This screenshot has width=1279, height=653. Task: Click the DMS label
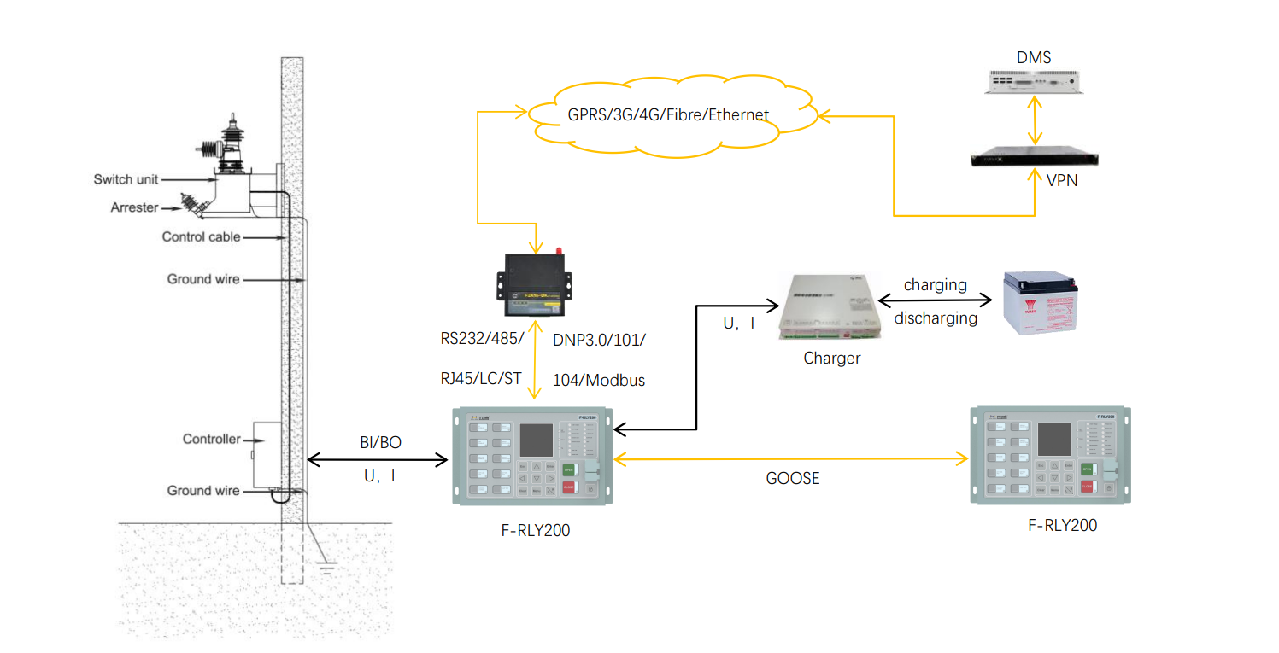coord(1034,58)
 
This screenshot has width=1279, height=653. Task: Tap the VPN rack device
coord(1035,159)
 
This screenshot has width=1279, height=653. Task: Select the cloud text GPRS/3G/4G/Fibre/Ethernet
coord(656,114)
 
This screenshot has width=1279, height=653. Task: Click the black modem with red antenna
coord(533,285)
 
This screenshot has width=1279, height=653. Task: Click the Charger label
coord(831,359)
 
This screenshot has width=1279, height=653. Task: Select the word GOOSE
coord(792,479)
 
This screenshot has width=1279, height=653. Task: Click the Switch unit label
coord(125,179)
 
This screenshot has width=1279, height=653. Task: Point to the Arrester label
coord(134,207)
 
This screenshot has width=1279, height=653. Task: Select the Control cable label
coord(201,236)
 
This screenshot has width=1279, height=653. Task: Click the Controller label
coord(211,439)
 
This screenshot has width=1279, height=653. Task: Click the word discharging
coord(936,318)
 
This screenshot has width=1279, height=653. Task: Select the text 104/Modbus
coord(598,381)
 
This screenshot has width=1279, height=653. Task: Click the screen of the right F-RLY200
coord(1053,438)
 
